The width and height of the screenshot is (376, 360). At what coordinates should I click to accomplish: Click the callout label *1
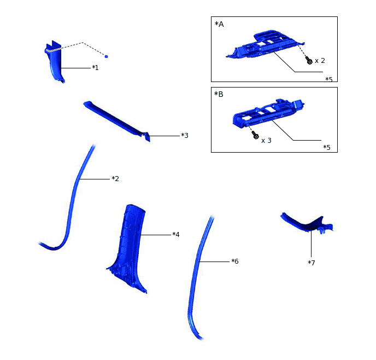pos(95,68)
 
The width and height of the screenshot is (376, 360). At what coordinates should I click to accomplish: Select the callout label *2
pos(115,179)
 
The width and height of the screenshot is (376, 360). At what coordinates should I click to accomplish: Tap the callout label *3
pos(184,135)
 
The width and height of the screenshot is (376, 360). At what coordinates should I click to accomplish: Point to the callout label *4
pos(175,235)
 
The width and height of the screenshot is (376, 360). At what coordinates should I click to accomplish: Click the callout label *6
pos(234,262)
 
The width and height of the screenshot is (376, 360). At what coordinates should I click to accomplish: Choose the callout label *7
pos(311,263)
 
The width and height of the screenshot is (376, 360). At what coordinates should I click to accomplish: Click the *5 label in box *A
pos(328,79)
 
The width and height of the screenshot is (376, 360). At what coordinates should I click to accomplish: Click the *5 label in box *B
pos(326,148)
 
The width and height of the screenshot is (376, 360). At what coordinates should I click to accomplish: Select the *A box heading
pos(219,24)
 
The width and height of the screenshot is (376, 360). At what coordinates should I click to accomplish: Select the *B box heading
pos(219,94)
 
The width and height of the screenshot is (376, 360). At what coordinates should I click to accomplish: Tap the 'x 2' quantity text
pos(320,61)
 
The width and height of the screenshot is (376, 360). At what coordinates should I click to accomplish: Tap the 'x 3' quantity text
pos(267,141)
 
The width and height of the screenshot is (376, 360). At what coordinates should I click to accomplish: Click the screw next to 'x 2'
pos(309,61)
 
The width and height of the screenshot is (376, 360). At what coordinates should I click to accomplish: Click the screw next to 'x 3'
pos(255,136)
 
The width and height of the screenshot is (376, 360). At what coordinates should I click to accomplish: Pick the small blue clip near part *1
pos(106,56)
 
